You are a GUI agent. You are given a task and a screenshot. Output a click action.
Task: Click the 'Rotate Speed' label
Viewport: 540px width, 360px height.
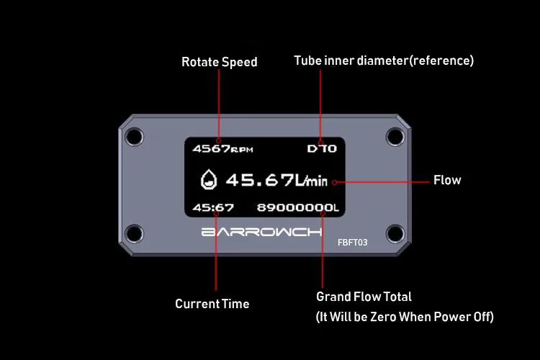coord(219,63)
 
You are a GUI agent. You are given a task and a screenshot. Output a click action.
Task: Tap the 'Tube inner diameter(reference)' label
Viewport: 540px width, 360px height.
coord(384,60)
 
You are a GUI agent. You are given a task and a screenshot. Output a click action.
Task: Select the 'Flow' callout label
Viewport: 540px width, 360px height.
coord(447,180)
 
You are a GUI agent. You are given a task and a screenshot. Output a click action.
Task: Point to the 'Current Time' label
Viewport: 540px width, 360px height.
coord(212,304)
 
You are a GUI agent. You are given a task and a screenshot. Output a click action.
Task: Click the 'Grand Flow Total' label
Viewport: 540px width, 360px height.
coord(364,297)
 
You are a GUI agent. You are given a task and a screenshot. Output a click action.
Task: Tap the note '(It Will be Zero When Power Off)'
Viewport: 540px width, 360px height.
coord(405,317)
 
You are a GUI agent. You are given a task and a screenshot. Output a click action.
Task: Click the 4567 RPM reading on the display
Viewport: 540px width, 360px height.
coord(222,149)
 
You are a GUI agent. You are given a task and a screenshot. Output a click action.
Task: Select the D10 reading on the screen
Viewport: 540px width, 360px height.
coord(322,150)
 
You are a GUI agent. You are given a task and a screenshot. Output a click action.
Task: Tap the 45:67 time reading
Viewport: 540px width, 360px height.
coord(213,208)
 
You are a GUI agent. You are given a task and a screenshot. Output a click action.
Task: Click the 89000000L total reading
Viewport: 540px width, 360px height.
coord(298,208)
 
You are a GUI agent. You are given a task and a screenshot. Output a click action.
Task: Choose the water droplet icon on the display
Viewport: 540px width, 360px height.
coord(208,180)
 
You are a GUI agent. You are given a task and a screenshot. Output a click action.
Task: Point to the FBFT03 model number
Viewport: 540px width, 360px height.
coord(353,243)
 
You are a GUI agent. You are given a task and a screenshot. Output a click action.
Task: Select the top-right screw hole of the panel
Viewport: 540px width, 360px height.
coord(394,135)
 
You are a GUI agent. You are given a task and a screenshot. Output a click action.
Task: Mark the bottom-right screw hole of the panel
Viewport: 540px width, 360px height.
coord(394,233)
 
